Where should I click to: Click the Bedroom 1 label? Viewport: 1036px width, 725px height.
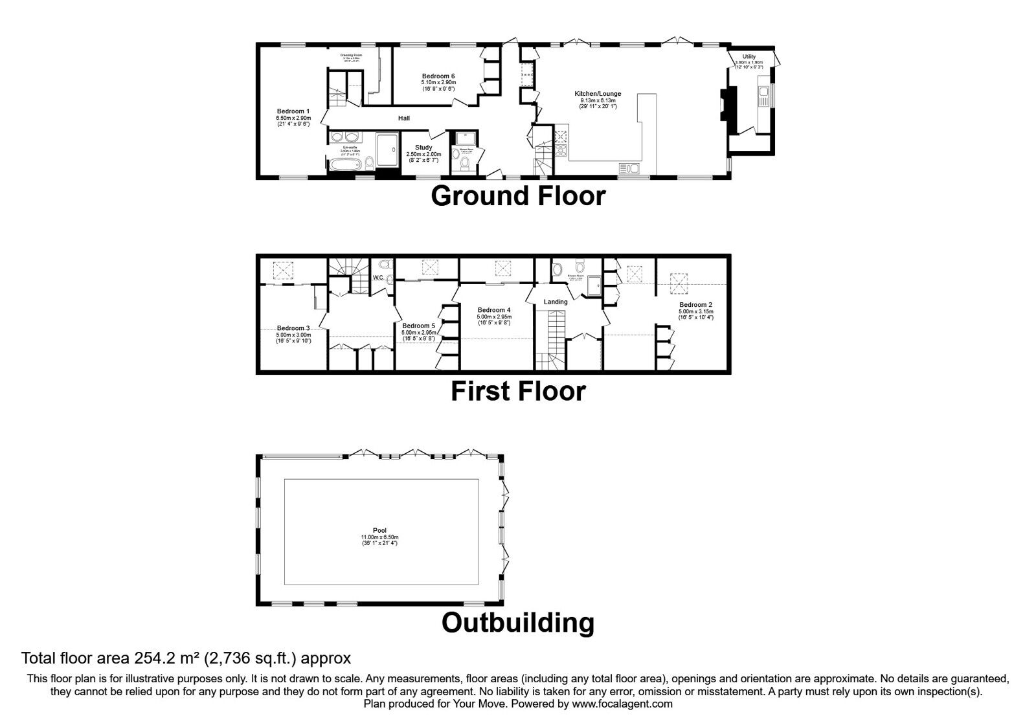click(x=293, y=111)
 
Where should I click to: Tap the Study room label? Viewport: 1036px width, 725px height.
click(x=423, y=148)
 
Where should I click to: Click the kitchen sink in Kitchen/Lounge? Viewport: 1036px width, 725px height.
click(x=629, y=169)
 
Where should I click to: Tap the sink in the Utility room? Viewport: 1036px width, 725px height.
click(x=764, y=96)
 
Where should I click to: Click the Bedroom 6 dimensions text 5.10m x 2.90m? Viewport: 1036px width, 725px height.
click(x=438, y=83)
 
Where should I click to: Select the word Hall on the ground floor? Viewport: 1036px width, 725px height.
click(x=404, y=118)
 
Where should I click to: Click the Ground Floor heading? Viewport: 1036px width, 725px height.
click(x=518, y=196)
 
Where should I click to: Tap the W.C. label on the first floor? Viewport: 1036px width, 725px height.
click(x=379, y=278)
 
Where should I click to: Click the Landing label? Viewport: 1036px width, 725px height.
click(x=556, y=302)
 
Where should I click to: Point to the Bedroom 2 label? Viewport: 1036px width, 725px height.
click(x=695, y=305)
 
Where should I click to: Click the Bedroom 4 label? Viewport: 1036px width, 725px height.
click(x=494, y=310)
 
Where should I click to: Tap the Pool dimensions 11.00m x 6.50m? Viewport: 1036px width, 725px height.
click(x=380, y=537)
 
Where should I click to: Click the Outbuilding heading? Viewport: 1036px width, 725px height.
click(x=518, y=623)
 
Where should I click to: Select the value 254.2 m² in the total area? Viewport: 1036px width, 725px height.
click(x=167, y=658)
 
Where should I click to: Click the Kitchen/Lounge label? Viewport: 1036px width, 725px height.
click(x=598, y=94)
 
